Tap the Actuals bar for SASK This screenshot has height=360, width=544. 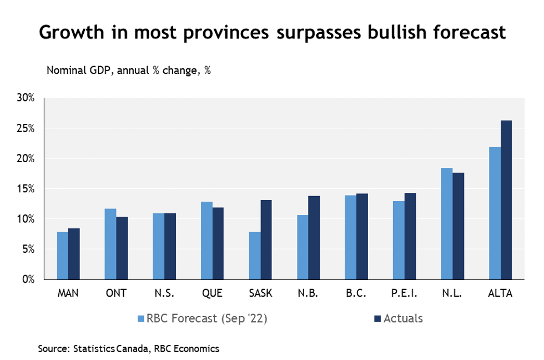pos(266,239)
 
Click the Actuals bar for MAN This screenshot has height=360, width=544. pos(74,254)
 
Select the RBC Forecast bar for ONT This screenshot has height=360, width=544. pos(110,244)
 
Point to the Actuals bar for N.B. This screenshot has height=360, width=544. pos(314,238)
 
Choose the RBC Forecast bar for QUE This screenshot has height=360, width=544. pos(206,241)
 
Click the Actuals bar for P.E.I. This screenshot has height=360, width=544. pos(410,236)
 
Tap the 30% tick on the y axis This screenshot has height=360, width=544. pos(26,98)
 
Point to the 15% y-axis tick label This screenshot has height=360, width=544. pos(26,189)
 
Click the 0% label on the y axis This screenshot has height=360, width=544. pos(28,279)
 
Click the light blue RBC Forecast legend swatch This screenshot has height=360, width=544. pos(141,319)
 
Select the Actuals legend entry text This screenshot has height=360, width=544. pos(404,319)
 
